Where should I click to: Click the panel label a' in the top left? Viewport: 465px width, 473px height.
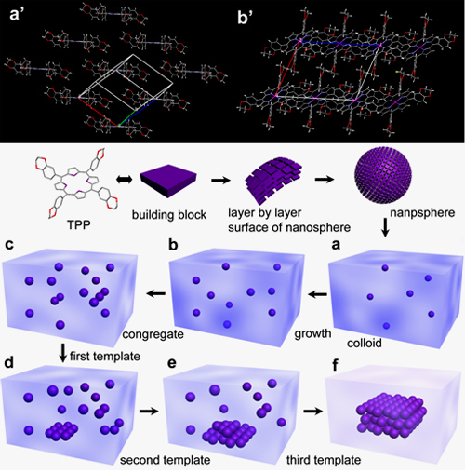15,15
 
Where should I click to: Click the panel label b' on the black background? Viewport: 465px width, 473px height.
246,18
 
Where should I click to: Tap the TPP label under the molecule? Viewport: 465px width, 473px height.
79,224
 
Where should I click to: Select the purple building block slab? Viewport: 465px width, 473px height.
168,181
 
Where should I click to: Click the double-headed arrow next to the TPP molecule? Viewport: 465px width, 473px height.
124,180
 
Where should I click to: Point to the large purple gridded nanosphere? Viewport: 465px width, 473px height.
383,175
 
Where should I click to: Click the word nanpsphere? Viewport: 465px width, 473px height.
422,213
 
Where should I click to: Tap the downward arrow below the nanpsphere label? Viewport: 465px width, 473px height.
385,228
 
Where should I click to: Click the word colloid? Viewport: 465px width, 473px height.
365,343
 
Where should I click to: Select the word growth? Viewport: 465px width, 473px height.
312,334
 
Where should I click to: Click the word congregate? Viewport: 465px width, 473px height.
153,335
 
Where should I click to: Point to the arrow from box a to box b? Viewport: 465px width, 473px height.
318,294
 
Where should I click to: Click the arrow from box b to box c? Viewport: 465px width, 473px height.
157,293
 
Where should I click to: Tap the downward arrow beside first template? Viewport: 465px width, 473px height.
63,353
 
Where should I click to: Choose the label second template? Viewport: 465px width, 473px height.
166,460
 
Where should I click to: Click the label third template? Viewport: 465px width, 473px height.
324,460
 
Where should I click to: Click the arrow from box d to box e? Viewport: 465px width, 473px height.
149,411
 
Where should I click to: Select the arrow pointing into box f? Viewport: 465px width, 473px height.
313,411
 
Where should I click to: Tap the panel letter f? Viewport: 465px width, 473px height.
335,365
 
